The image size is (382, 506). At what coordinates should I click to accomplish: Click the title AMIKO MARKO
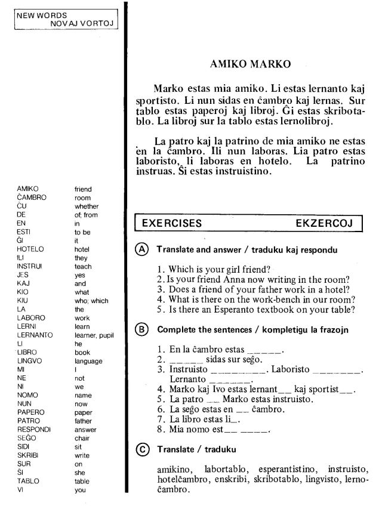pos(251,63)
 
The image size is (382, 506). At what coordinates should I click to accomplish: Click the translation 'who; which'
pos(91,301)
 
